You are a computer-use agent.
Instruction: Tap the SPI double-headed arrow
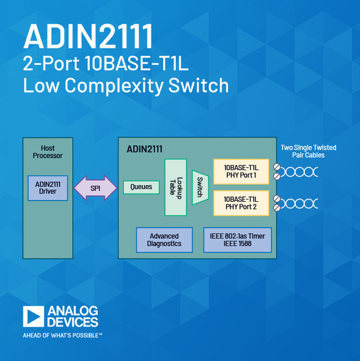(x=95, y=188)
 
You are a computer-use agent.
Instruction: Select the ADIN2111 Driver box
(x=48, y=188)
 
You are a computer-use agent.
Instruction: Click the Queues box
(x=142, y=187)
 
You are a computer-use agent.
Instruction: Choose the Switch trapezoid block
(x=199, y=187)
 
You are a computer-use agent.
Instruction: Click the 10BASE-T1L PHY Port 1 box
(x=240, y=171)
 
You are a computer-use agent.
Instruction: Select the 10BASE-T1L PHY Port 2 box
(x=240, y=203)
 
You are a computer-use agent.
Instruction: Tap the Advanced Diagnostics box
(x=164, y=240)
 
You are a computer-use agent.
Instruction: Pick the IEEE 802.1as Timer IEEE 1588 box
(x=238, y=240)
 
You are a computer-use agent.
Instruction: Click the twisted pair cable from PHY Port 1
(x=300, y=172)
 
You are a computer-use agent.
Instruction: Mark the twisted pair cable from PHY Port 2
(x=300, y=203)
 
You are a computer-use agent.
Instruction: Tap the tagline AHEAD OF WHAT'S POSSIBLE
(x=62, y=335)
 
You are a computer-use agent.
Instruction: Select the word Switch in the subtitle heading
(x=199, y=85)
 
